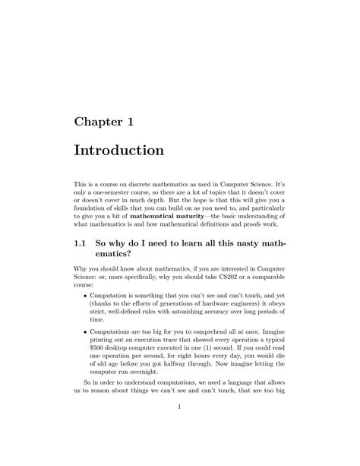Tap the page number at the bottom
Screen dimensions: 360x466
[180, 429]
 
